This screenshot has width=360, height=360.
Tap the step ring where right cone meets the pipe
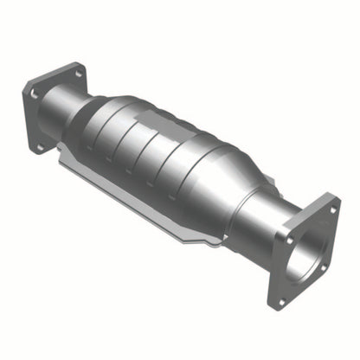point(237,208)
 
